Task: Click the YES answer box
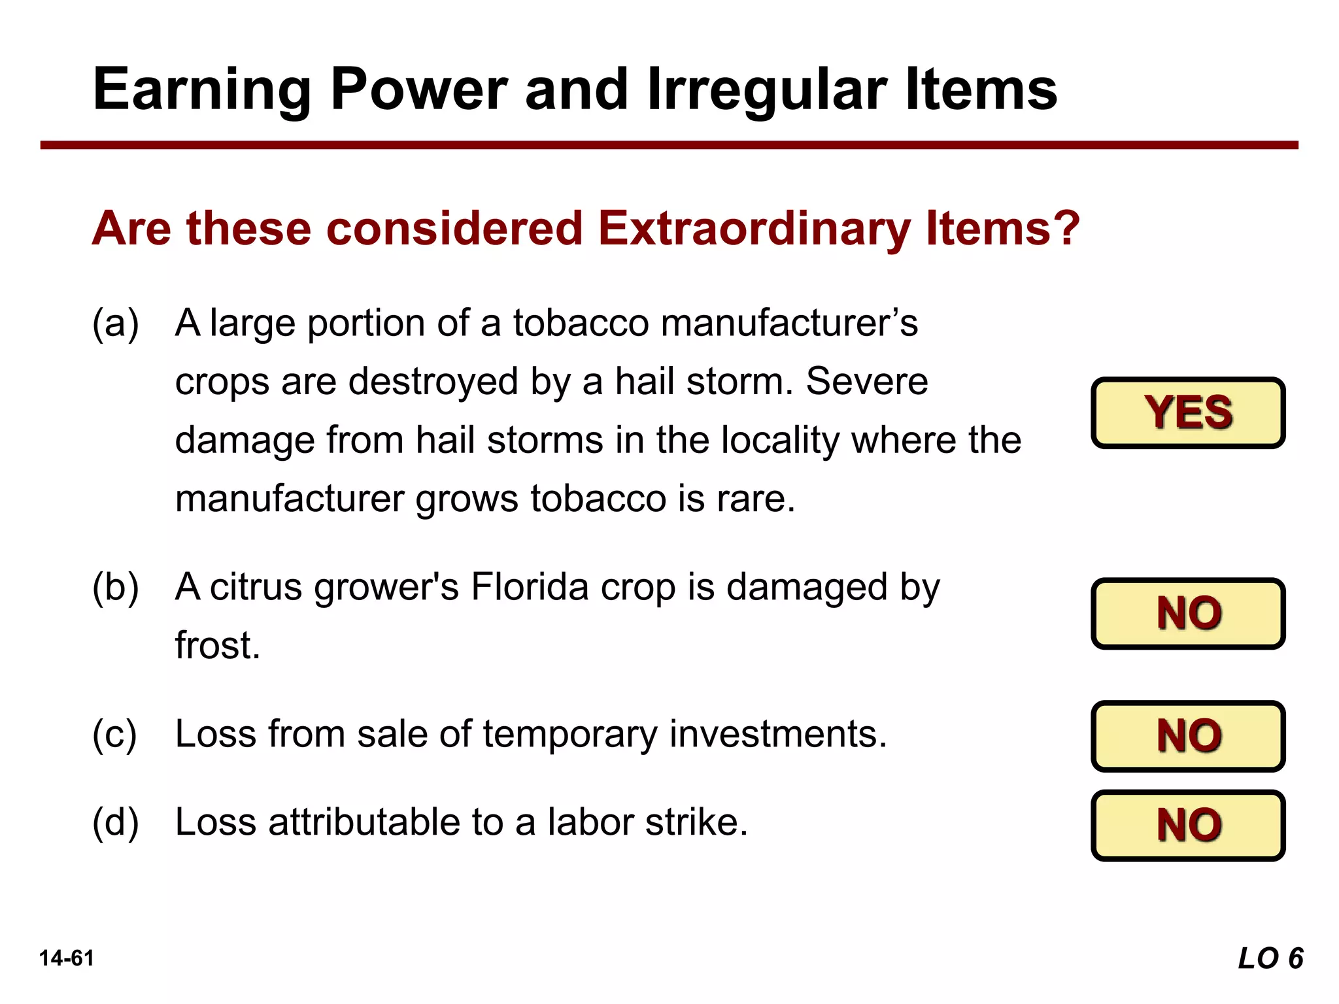pyautogui.click(x=1187, y=412)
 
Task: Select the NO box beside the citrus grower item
pyautogui.click(x=1187, y=613)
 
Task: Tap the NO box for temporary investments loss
pyautogui.click(x=1187, y=735)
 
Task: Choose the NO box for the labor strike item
pyautogui.click(x=1187, y=825)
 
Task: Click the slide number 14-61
pyautogui.click(x=67, y=958)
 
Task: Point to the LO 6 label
pyautogui.click(x=1270, y=958)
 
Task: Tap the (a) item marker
pyautogui.click(x=115, y=323)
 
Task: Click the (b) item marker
pyautogui.click(x=115, y=587)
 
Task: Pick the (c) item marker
pyautogui.click(x=115, y=734)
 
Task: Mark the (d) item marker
pyautogui.click(x=115, y=822)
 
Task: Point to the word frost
pyautogui.click(x=217, y=645)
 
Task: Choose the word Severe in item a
pyautogui.click(x=866, y=381)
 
